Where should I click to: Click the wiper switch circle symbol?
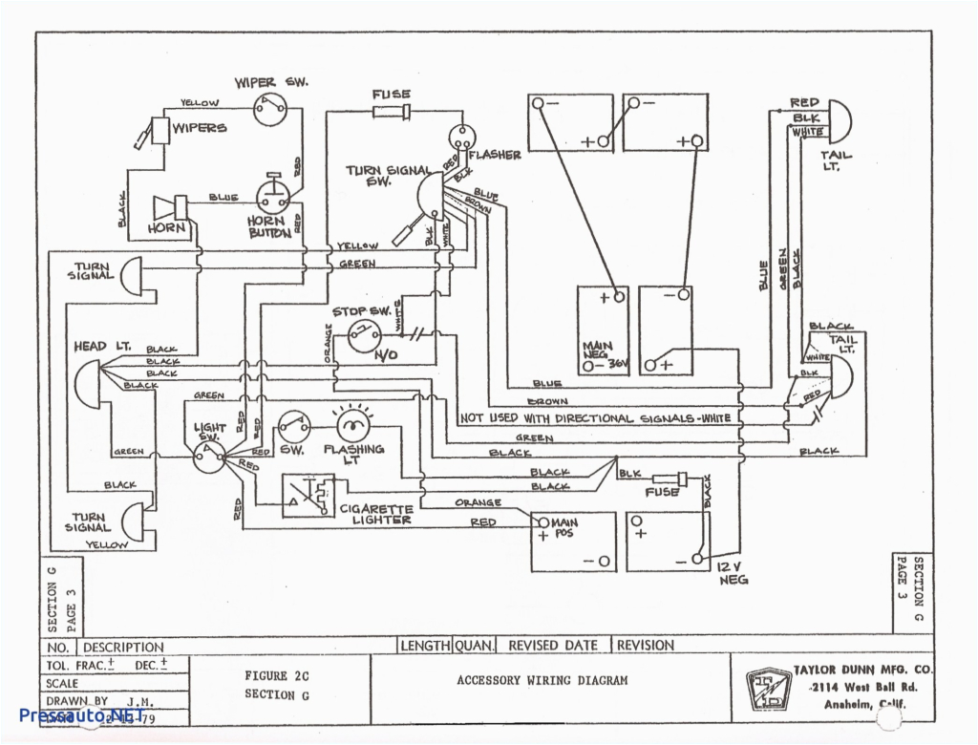click(270, 110)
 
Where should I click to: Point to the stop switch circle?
click(363, 335)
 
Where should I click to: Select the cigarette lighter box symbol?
click(308, 497)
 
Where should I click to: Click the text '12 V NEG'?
click(733, 573)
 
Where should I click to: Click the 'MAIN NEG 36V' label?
click(601, 354)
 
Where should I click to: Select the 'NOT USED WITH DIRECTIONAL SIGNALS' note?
click(595, 418)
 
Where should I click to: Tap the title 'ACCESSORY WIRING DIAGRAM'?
click(542, 680)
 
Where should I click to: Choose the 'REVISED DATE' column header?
click(553, 646)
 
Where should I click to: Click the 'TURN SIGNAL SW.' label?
click(390, 176)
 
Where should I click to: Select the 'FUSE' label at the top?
click(392, 95)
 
